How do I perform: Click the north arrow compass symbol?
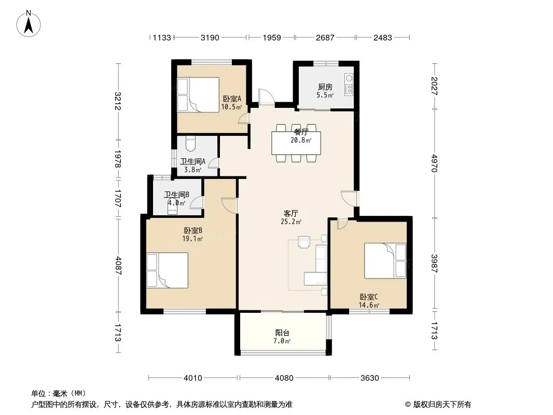coord(29,24)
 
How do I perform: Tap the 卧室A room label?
coord(232,99)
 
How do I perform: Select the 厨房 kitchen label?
coord(325,87)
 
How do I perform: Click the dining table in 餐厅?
coord(296,143)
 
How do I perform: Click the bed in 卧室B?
coord(167,270)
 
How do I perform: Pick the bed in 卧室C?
coord(385,260)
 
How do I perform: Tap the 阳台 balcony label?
coord(282,333)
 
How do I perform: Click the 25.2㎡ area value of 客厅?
coord(291,222)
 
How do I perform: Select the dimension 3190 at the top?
coord(210,37)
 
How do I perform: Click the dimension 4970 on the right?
coord(434,163)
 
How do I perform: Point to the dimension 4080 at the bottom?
coord(284,378)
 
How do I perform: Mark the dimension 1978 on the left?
coord(118,159)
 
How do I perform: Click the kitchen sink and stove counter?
coord(349,85)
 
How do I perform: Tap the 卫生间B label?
coord(177,195)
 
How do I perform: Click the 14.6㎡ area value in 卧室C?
coord(369,306)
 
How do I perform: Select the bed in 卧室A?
coord(198,95)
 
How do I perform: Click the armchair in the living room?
coord(304,242)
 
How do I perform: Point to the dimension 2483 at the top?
coord(383,37)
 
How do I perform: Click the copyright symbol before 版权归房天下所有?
coord(408,405)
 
